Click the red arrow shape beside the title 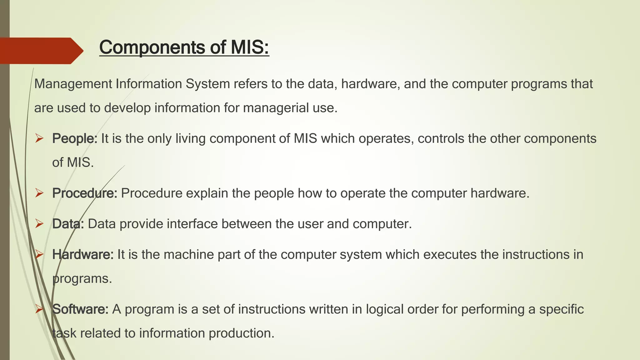pyautogui.click(x=41, y=51)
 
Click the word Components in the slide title pyautogui.click(x=152, y=47)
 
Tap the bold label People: pyautogui.click(x=75, y=138)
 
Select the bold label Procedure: pyautogui.click(x=85, y=193)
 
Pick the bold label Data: pyautogui.click(x=68, y=224)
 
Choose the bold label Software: pyautogui.click(x=80, y=309)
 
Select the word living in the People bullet pyautogui.click(x=190, y=138)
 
